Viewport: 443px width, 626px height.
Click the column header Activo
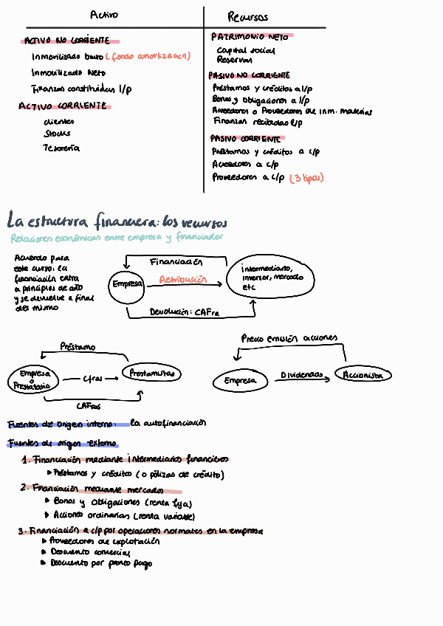[x=103, y=16]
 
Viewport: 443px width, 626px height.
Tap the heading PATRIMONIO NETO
[x=250, y=36]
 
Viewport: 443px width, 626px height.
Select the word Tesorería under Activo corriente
[x=61, y=148]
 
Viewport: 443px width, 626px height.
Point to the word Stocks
[x=58, y=134]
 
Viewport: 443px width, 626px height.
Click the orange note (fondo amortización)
[x=148, y=56]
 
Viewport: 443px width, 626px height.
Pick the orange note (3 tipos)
[x=306, y=178]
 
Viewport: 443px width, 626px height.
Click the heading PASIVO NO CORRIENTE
[x=250, y=75]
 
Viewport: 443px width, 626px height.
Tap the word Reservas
[x=234, y=61]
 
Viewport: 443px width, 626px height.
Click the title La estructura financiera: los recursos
[x=117, y=221]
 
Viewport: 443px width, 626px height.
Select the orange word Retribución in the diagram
[x=182, y=281]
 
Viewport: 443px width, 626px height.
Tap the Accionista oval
[x=363, y=375]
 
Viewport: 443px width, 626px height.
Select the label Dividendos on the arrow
[x=301, y=375]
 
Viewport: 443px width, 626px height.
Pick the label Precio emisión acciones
[x=289, y=338]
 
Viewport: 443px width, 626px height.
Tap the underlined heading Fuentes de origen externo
[x=62, y=444]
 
